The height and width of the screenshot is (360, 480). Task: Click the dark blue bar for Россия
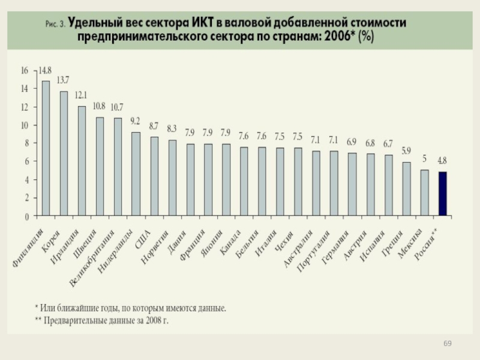(x=442, y=193)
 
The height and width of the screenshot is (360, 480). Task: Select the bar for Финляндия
(x=46, y=148)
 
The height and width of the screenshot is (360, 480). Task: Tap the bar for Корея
(x=64, y=153)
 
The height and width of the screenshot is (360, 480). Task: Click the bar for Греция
(x=406, y=188)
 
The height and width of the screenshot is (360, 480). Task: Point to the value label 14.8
(x=45, y=70)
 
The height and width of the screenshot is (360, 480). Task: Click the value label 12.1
(x=81, y=95)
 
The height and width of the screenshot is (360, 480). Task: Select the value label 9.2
(x=135, y=121)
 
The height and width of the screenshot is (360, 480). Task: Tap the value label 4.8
(x=442, y=161)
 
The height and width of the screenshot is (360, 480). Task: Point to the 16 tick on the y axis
(x=25, y=70)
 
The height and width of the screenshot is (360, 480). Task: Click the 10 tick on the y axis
(x=25, y=125)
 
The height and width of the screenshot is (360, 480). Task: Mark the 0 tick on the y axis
(x=27, y=215)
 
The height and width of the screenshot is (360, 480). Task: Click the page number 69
(x=447, y=343)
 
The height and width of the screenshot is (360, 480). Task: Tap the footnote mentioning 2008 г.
(x=101, y=320)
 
